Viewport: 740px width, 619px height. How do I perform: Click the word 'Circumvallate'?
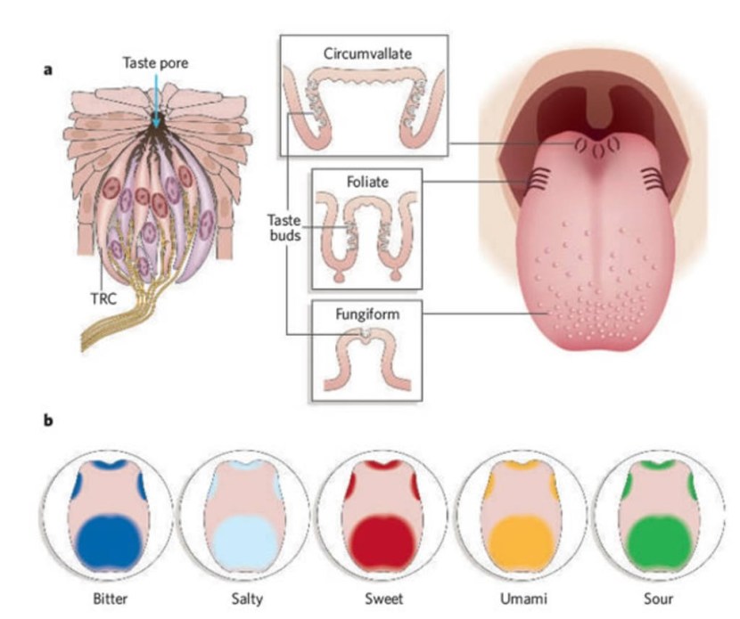coord(366,53)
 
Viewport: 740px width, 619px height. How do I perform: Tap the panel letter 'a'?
coord(49,67)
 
